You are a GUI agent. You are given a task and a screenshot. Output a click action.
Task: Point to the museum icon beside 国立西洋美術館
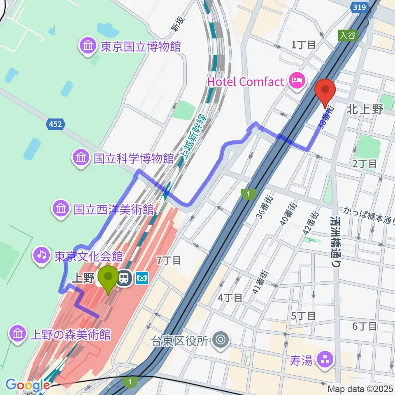(60, 209)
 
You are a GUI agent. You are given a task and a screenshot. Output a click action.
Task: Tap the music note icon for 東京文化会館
(42, 256)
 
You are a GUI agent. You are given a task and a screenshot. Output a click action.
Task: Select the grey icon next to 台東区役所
(221, 340)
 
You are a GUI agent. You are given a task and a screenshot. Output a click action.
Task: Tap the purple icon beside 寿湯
(321, 360)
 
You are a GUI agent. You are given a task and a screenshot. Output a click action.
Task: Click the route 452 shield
(54, 123)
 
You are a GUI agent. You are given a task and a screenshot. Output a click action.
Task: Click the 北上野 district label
(365, 109)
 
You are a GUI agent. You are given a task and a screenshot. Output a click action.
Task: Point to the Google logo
(28, 385)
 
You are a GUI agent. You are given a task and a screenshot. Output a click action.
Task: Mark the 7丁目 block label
(169, 260)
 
